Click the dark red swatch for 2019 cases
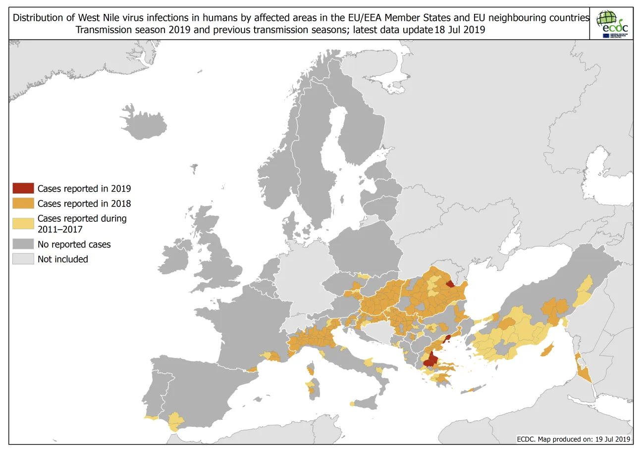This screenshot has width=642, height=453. click(23, 188)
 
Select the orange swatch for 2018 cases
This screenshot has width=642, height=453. click(23, 203)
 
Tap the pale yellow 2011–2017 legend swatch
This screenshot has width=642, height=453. click(23, 223)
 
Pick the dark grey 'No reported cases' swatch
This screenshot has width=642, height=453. click(23, 244)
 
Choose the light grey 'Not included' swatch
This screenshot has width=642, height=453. click(23, 259)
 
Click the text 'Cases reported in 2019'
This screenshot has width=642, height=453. click(84, 188)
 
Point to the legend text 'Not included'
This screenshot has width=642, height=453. click(62, 259)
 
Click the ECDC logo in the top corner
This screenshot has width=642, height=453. click(612, 23)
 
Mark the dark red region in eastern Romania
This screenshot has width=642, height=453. click(450, 284)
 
